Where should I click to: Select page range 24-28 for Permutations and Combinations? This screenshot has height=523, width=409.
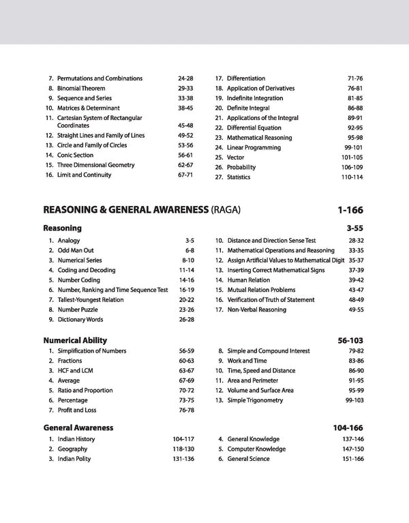185,78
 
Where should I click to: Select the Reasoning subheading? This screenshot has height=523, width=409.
62,228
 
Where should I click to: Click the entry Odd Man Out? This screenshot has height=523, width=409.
76,250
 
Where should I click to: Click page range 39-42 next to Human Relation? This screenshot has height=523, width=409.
356,280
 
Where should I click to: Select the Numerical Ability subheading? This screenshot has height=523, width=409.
75,340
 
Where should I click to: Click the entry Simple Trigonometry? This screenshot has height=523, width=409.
255,400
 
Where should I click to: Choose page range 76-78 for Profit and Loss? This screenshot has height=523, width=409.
186,410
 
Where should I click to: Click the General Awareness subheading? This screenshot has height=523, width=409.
78,428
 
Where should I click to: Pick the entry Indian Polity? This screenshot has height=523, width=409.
74,459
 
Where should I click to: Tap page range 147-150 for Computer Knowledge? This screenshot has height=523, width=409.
352,449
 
